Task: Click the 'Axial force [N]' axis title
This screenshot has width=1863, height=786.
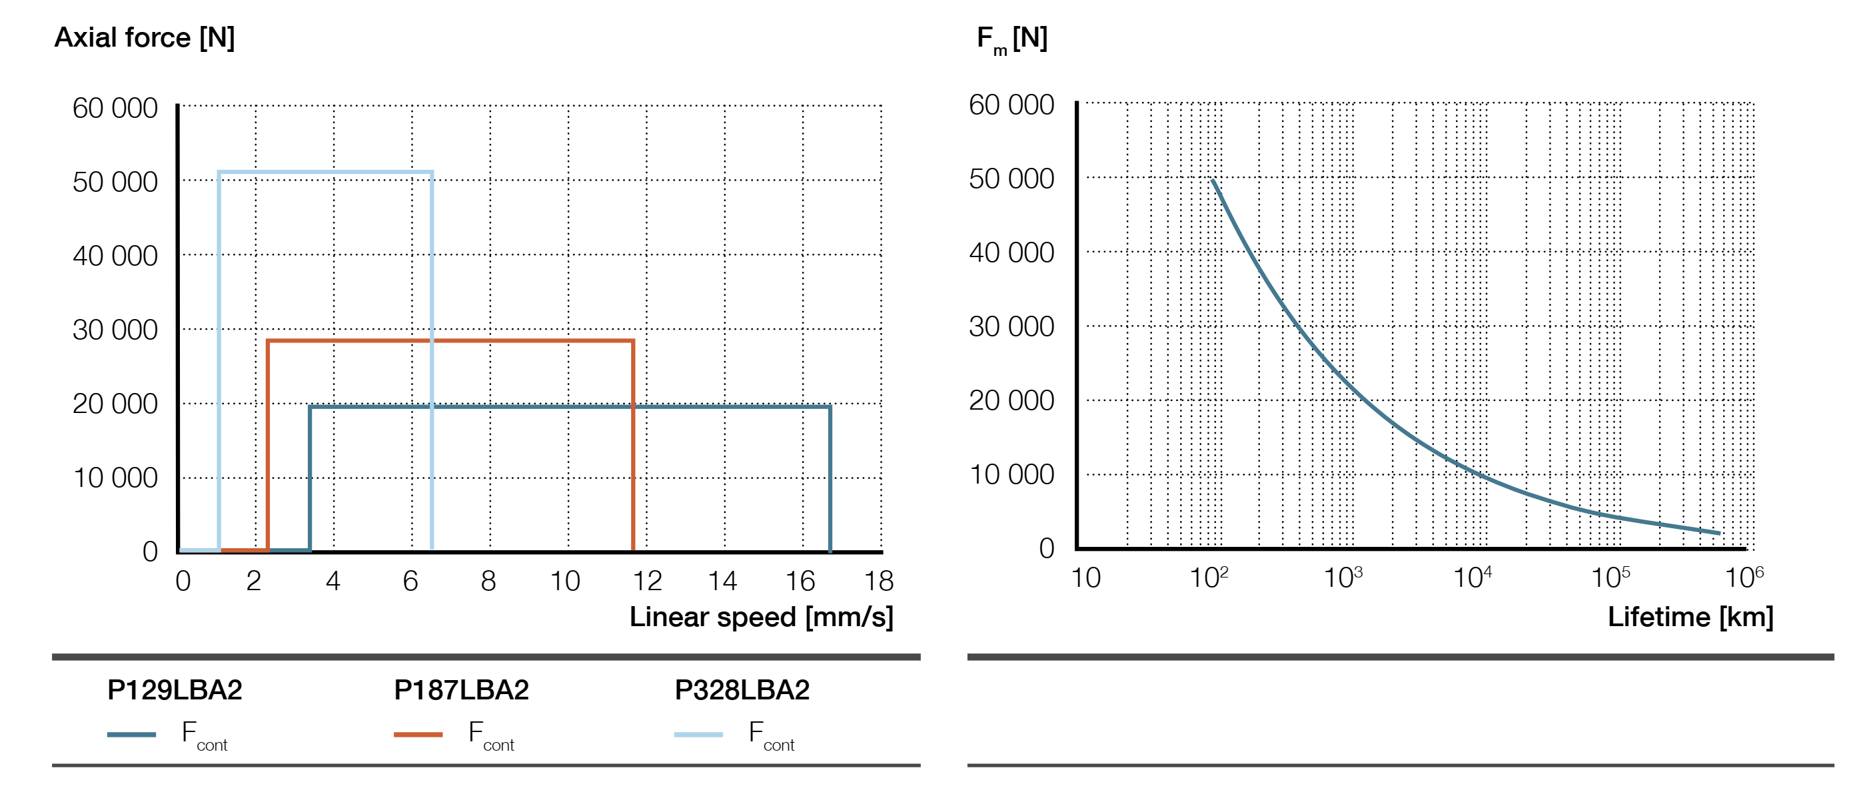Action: coord(145,37)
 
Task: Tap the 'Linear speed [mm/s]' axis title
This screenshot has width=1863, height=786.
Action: coord(761,617)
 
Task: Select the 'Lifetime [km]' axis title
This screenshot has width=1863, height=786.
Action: coord(1690,617)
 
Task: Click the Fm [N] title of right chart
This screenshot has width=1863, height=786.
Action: coord(1011,39)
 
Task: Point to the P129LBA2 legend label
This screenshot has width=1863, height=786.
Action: coord(175,690)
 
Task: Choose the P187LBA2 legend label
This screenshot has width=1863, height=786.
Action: coord(460,690)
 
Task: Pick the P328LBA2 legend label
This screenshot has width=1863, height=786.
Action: coord(742,690)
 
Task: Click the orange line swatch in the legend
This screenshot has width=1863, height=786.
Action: coord(418,735)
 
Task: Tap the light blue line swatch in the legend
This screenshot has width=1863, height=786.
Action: coord(698,735)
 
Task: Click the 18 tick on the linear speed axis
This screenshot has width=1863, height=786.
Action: coord(879,581)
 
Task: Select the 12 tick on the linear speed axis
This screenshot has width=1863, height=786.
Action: coord(646,581)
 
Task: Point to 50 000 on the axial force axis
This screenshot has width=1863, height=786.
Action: coord(115,183)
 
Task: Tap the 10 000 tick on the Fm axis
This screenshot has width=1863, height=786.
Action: coord(1011,475)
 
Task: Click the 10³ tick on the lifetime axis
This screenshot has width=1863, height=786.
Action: coord(1343,578)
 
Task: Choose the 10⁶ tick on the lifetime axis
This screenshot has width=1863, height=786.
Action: coord(1743,578)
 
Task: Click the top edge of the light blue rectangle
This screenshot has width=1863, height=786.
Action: coord(325,172)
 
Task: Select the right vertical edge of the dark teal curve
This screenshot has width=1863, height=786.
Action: coord(830,477)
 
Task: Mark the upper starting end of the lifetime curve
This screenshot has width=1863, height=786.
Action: coord(1213,181)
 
